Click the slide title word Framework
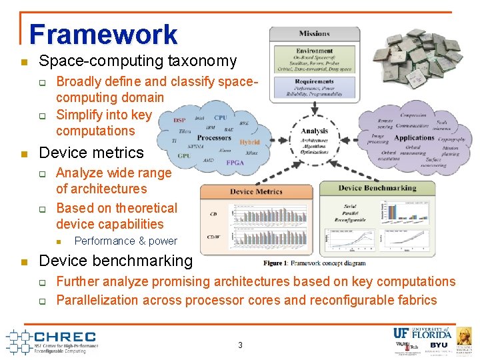pos(103,35)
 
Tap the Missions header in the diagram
pos(314,33)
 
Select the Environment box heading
pos(315,51)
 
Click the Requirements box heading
pos(314,81)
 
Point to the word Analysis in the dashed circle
pos(314,131)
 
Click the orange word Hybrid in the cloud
pos(249,142)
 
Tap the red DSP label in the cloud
pos(179,120)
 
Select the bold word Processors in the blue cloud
pos(213,138)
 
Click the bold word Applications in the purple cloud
pos(415,138)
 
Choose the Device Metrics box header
pos(257,192)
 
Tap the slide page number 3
pos(240,345)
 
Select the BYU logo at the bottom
pos(439,345)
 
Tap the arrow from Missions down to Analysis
pos(314,111)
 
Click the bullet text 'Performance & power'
pos(125,241)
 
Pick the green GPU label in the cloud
pos(184,156)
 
